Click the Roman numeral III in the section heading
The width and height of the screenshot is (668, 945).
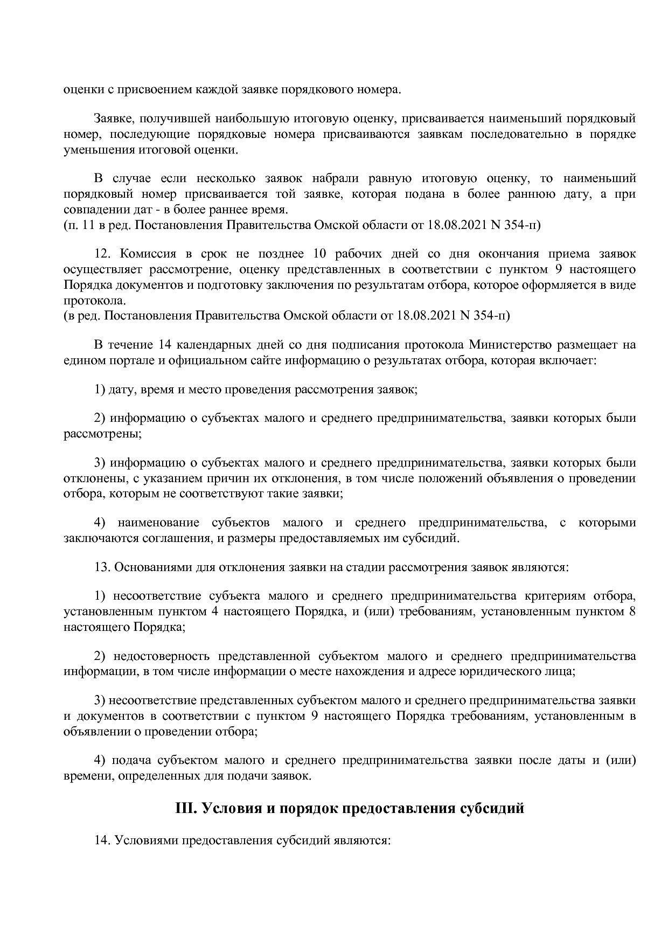(185, 809)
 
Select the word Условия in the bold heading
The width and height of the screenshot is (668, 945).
(227, 809)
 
